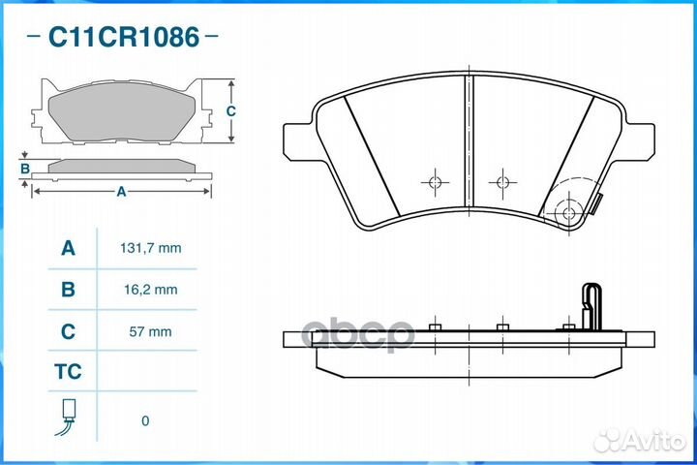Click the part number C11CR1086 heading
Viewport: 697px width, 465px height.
coord(124,37)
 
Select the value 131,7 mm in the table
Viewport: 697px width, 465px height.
coord(151,248)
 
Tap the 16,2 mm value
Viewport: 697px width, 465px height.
coord(151,290)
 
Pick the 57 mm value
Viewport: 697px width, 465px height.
coord(150,331)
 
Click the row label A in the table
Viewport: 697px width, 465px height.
coord(68,248)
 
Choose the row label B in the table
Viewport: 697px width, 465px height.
coord(68,290)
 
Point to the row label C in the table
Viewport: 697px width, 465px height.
coord(68,331)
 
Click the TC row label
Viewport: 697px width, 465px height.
coord(68,372)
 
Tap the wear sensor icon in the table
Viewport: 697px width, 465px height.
coord(67,417)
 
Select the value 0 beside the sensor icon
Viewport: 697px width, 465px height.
coord(145,421)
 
